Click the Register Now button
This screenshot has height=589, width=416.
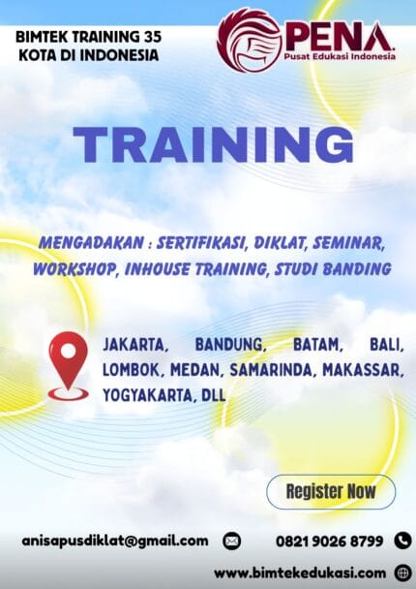[x=331, y=491]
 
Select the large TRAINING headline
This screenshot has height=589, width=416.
[x=213, y=145]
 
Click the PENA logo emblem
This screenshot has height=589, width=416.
[x=250, y=40]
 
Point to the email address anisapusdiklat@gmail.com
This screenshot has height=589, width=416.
[x=115, y=541]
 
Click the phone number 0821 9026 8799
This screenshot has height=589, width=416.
[x=330, y=541]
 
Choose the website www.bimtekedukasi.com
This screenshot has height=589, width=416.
[x=299, y=572]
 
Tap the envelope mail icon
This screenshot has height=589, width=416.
[x=231, y=541]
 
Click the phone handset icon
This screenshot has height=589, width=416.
[x=402, y=541]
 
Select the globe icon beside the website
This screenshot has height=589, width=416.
[x=402, y=572]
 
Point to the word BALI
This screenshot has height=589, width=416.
[x=386, y=345]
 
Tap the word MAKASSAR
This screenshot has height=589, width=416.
[x=363, y=369]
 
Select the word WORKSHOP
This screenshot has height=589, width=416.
[x=74, y=268]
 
